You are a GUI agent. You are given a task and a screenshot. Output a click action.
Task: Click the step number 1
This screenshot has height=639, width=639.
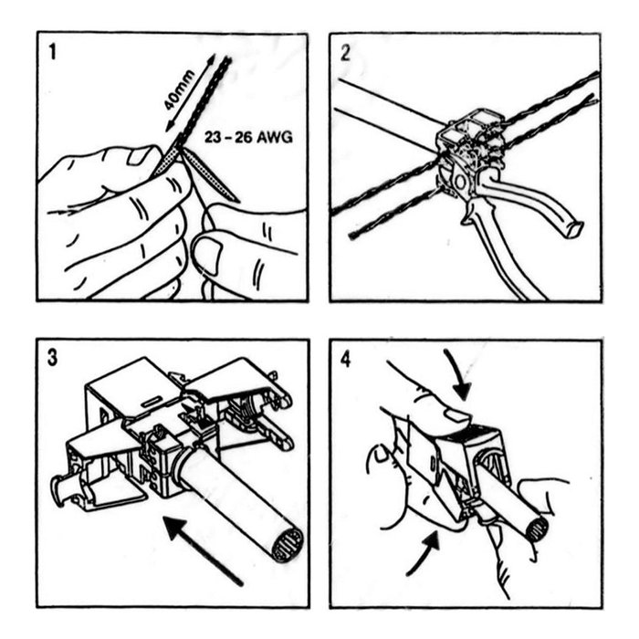point(52,52)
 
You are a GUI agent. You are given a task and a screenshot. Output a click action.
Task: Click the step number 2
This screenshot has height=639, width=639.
point(345,53)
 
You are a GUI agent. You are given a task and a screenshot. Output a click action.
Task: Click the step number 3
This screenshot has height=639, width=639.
point(52,358)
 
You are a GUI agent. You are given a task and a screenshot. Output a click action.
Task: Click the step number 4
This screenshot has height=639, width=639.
point(346,360)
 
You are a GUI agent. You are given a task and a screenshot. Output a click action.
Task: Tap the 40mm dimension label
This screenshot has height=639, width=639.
point(179,90)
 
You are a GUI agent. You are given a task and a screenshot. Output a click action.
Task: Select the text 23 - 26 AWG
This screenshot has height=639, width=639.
point(248,137)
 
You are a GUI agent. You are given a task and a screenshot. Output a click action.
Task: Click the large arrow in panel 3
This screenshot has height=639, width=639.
point(203,550)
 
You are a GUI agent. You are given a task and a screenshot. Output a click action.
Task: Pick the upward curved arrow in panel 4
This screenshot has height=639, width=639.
point(424,555)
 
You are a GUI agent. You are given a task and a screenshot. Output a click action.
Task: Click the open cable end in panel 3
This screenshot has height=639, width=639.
point(288,545)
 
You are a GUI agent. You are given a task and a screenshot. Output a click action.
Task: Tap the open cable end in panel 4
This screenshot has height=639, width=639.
point(537,529)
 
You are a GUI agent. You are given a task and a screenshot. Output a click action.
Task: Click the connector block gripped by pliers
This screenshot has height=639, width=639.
point(471,142)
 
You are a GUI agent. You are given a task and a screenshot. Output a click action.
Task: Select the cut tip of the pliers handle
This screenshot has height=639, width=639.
point(573,229)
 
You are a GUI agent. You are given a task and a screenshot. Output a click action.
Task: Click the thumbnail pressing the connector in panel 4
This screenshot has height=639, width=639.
point(456,416)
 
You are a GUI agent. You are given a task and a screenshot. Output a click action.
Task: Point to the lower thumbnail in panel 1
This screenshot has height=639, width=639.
point(207,255)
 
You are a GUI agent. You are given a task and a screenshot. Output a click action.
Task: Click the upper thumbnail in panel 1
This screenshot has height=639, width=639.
point(139,156)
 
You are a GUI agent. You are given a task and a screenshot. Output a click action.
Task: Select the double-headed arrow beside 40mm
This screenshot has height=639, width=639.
point(190,93)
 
